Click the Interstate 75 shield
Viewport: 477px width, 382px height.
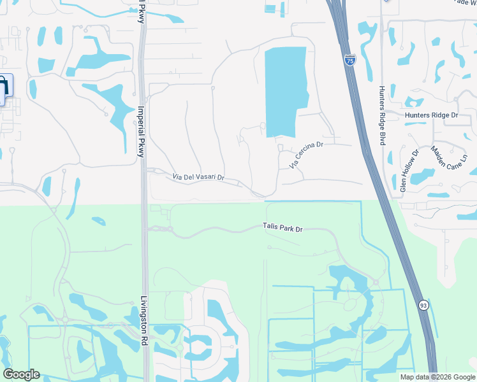(x=349, y=60)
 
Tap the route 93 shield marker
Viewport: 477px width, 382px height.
(x=423, y=306)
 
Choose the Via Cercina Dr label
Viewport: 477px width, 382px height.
(x=307, y=155)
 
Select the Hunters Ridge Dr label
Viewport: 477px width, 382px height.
(x=432, y=115)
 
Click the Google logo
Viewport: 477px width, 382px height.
(x=21, y=374)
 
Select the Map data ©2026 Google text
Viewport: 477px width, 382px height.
(x=437, y=377)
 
